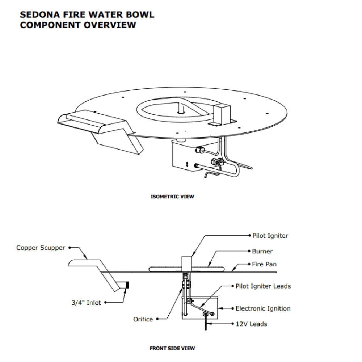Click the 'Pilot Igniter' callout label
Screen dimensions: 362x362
tap(270, 236)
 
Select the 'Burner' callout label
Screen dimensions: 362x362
tap(262, 251)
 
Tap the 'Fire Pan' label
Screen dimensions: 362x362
tap(264, 265)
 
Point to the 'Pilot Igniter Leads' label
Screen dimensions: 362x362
tap(263, 286)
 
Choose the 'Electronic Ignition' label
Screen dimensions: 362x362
tap(263, 309)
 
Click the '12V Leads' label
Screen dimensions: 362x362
tap(251, 324)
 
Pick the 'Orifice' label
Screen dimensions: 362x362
tap(143, 319)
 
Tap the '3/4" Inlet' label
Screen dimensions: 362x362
tap(86, 303)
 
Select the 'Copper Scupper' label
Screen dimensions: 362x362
tap(41, 248)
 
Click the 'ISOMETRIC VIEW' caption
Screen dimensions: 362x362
tap(172, 197)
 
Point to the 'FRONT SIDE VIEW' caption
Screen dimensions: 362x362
tap(172, 348)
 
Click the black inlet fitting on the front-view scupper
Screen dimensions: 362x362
tap(127, 286)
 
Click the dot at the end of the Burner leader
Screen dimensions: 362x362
tap(249, 251)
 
